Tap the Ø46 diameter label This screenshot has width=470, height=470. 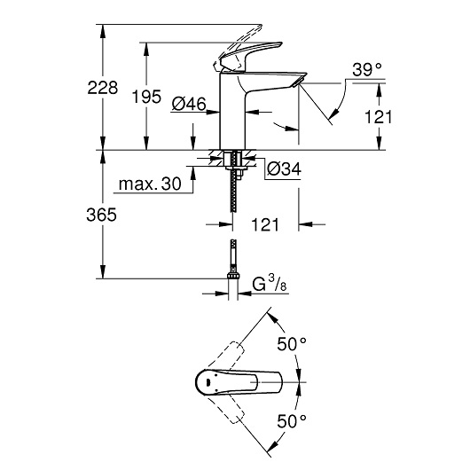188,105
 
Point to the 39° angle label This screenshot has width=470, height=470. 365,69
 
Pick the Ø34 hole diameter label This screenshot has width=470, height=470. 283,168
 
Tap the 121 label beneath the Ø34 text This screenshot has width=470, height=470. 263,225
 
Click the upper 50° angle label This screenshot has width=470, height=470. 292,342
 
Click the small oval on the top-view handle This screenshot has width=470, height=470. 207,383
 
